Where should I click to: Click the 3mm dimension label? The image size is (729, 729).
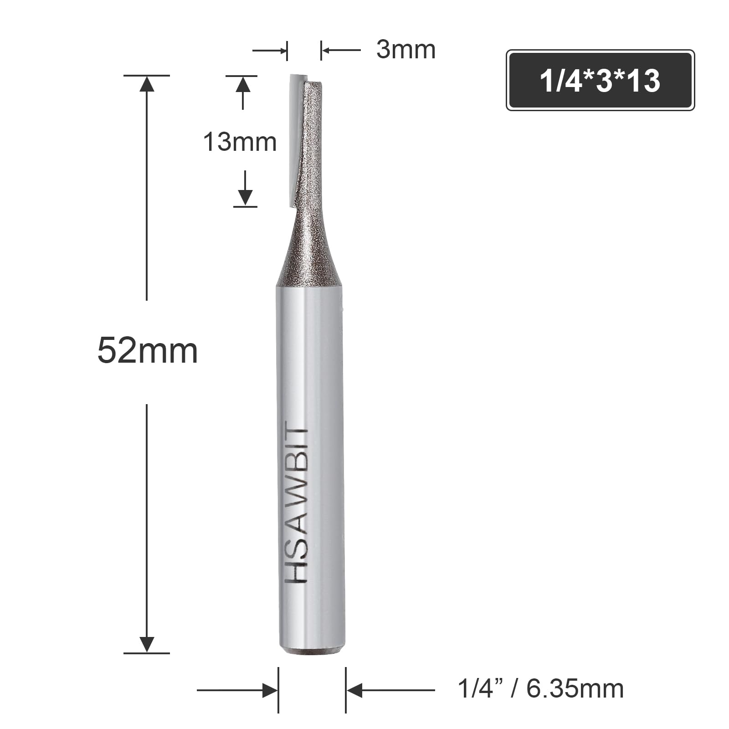tap(406, 50)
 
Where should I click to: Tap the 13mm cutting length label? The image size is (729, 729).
tap(240, 142)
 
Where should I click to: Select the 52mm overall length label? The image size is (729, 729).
tap(148, 351)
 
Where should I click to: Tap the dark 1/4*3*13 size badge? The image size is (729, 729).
tap(600, 80)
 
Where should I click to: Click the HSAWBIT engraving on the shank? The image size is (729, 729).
tap(297, 502)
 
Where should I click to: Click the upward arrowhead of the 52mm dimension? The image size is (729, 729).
tap(147, 84)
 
